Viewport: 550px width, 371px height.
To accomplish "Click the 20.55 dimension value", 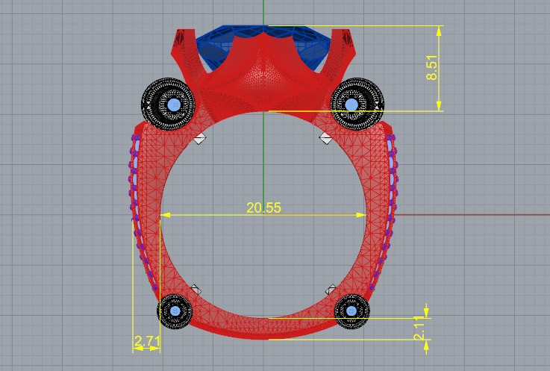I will (x=263, y=208).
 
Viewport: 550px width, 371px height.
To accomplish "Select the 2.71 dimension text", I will (x=146, y=343).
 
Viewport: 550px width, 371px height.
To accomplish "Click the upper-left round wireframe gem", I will (x=170, y=104).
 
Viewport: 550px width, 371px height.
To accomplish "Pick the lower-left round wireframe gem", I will (x=175, y=310).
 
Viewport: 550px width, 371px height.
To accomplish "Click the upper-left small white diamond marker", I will (x=199, y=138).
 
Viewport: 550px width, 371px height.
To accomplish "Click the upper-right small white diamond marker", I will (x=325, y=138).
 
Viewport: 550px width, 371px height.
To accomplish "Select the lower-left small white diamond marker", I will (x=196, y=289).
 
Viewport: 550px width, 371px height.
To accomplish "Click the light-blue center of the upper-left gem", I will (x=175, y=105).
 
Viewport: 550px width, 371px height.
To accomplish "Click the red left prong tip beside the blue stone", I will (x=180, y=33).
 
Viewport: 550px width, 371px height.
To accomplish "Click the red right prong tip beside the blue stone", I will (x=347, y=33).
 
